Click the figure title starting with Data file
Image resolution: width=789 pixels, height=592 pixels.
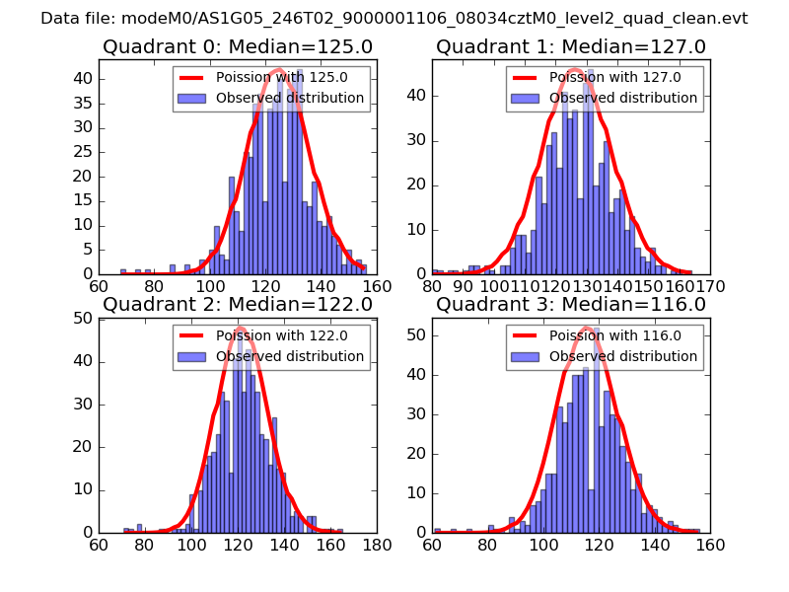pyautogui.click(x=394, y=19)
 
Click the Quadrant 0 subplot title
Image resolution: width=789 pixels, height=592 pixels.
pyautogui.click(x=238, y=46)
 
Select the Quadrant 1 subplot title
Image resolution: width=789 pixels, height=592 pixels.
pyautogui.click(x=571, y=46)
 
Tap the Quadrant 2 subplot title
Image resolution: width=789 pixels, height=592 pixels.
pyautogui.click(x=238, y=304)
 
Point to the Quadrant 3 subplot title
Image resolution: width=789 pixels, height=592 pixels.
pyautogui.click(x=571, y=304)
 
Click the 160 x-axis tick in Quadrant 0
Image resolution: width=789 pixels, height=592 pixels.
pyautogui.click(x=377, y=287)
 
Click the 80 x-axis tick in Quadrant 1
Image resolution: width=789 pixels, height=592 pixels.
pyautogui.click(x=432, y=287)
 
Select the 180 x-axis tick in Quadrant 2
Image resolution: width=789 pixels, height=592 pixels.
pyautogui.click(x=377, y=545)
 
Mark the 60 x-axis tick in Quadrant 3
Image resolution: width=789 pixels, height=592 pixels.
pyautogui.click(x=432, y=545)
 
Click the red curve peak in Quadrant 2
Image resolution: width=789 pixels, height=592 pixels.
pyautogui.click(x=240, y=328)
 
